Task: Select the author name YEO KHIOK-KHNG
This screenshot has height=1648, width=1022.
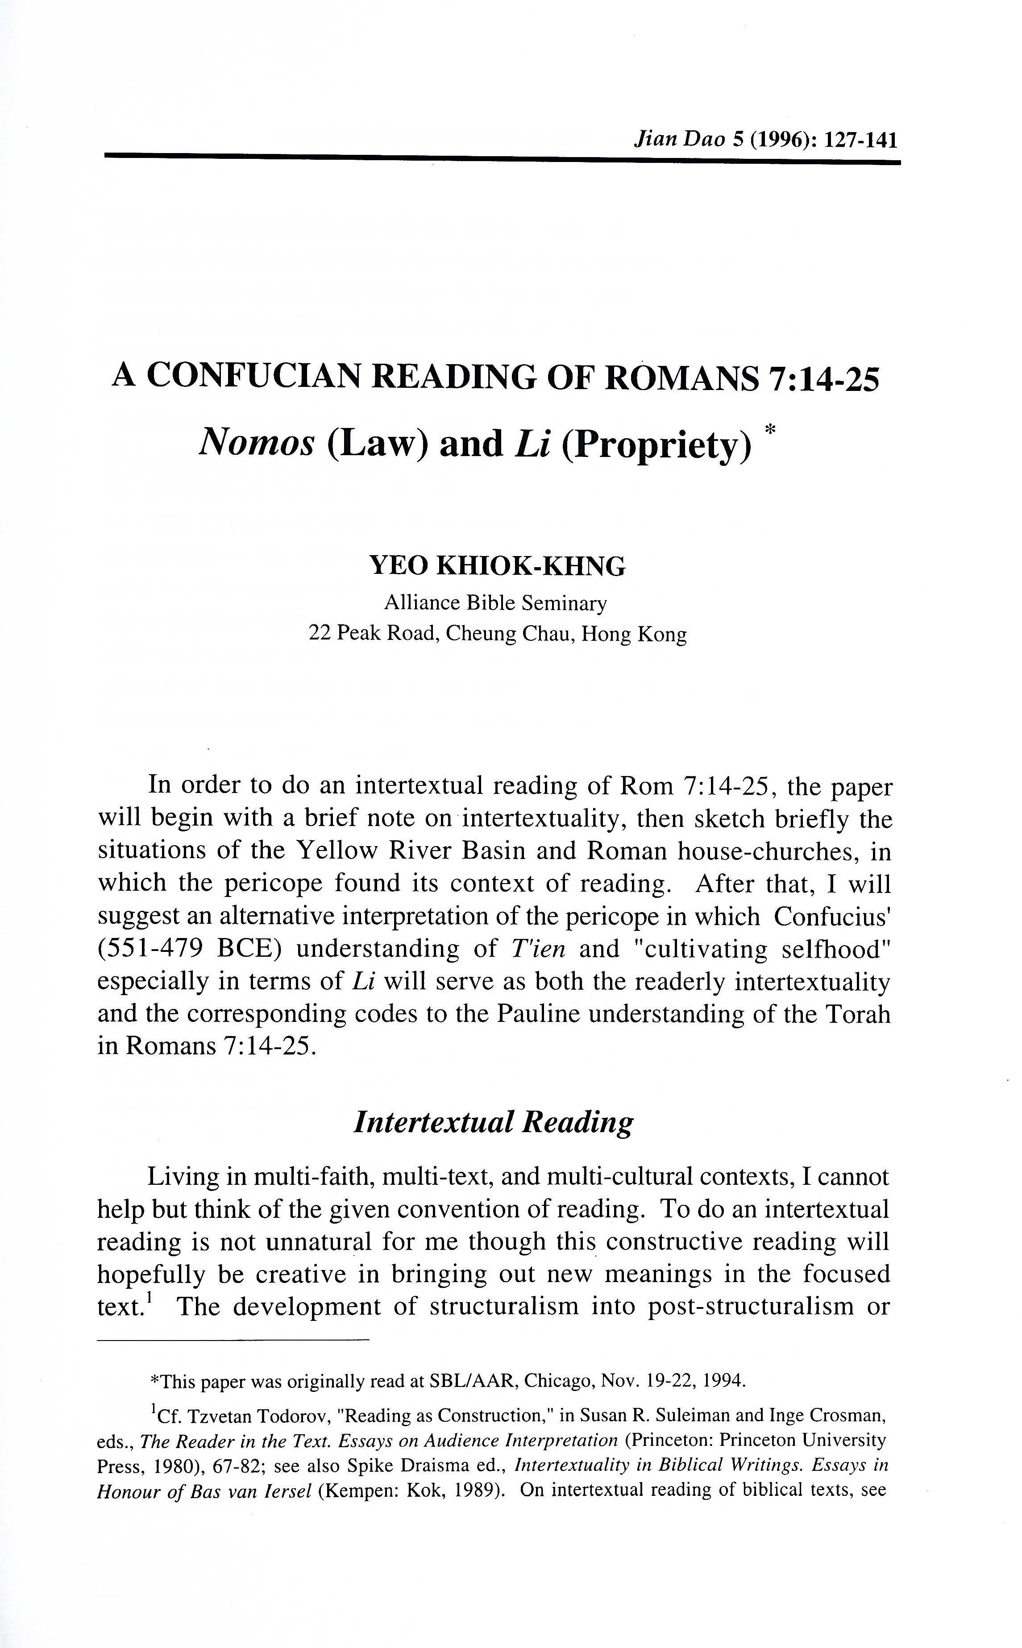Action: (498, 566)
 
